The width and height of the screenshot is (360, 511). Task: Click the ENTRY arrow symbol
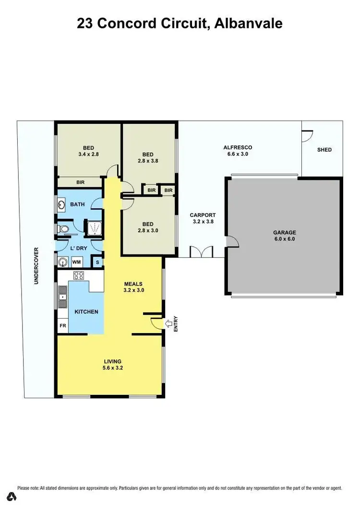click(168, 324)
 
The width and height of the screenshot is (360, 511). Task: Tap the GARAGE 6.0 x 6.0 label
click(285, 235)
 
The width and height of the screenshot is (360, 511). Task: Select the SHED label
click(324, 150)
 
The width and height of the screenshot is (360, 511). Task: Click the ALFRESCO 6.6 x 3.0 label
click(238, 151)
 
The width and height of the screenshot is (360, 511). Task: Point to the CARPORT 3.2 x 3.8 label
click(203, 219)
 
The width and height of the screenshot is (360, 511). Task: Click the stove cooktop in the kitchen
click(79, 276)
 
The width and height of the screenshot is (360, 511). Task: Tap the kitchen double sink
click(62, 297)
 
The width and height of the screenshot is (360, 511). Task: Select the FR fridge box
click(62, 326)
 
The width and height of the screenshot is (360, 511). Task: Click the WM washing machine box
click(76, 262)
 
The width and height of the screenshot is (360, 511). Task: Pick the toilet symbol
click(62, 229)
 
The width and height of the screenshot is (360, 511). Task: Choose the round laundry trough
click(63, 262)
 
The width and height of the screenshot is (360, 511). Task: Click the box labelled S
click(97, 262)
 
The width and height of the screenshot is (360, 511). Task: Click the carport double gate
click(201, 252)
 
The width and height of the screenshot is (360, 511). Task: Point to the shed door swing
click(307, 135)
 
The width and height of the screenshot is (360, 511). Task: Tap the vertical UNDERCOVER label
click(36, 266)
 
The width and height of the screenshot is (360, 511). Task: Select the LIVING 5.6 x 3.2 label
click(112, 365)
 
